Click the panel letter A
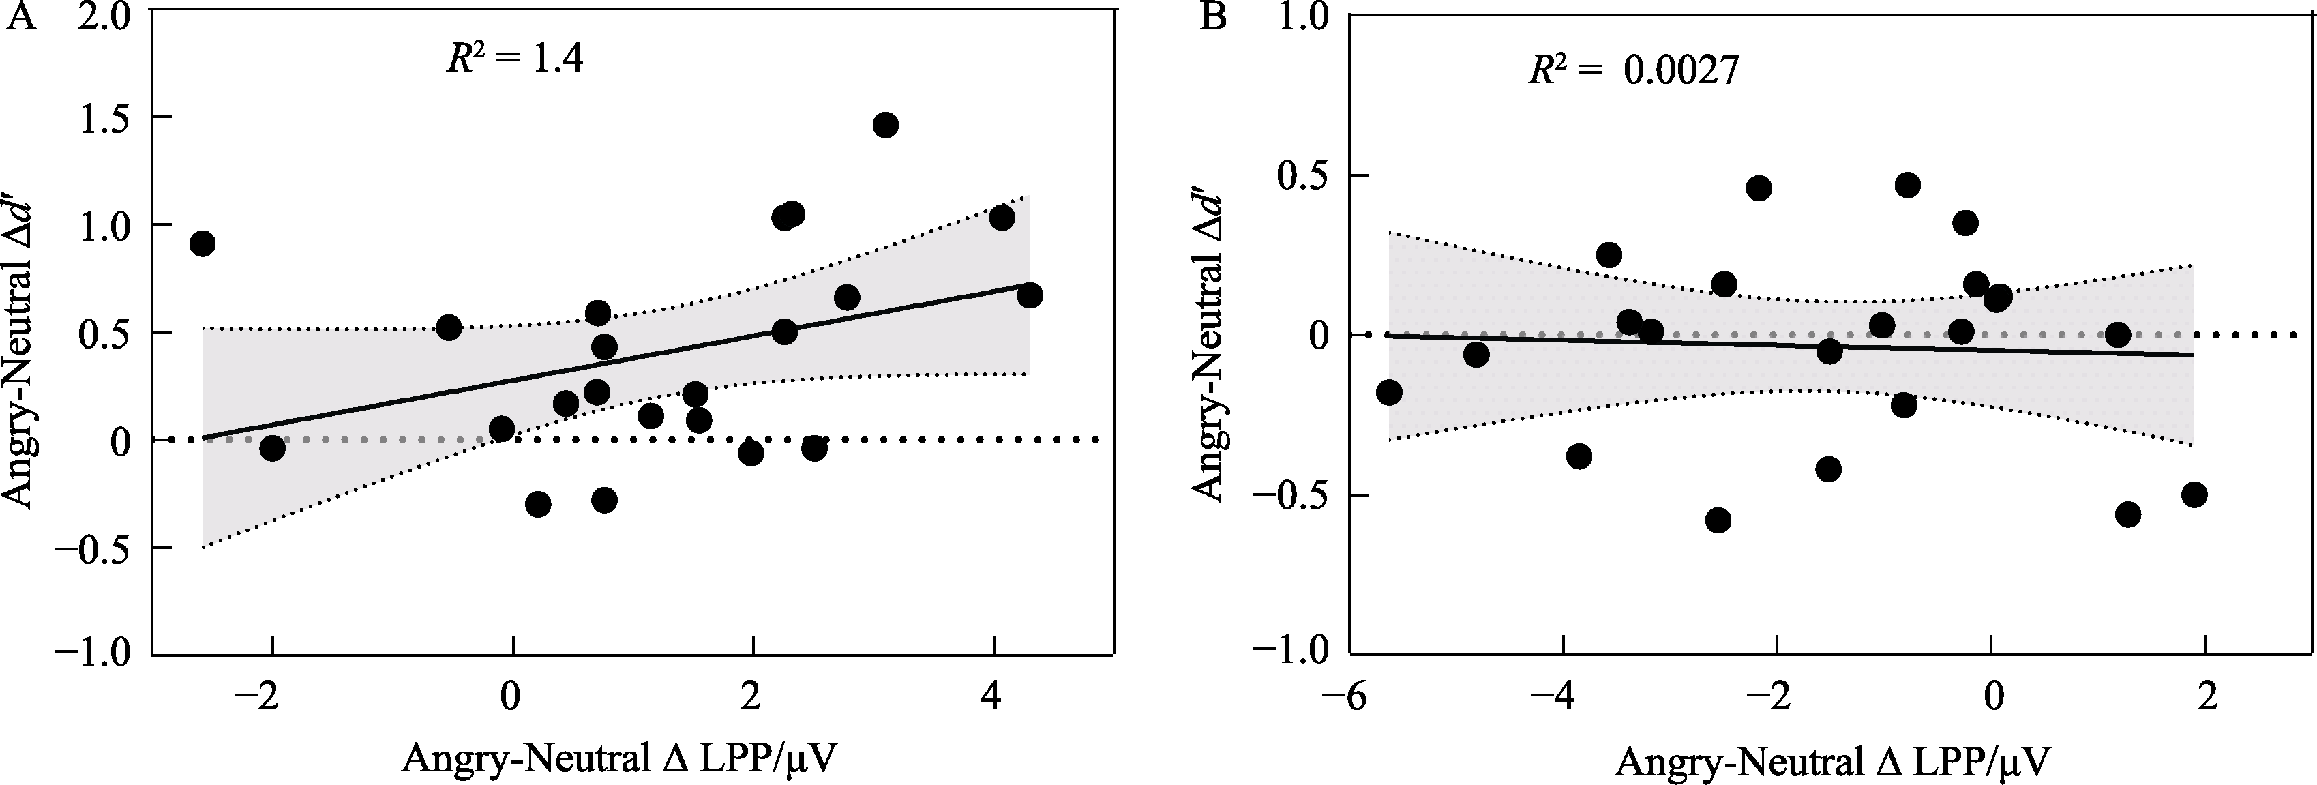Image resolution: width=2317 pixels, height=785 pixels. point(23,17)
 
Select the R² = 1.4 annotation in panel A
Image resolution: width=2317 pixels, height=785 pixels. point(515,59)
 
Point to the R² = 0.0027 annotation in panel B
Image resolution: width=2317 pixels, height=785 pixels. point(1633,71)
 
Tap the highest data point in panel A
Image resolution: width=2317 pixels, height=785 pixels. point(885,125)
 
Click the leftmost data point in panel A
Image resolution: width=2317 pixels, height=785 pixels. point(203,243)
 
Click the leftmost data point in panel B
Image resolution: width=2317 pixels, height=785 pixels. point(1389,392)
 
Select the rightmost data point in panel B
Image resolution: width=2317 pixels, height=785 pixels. point(2195,494)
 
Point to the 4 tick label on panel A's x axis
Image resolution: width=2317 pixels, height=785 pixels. point(993,697)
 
